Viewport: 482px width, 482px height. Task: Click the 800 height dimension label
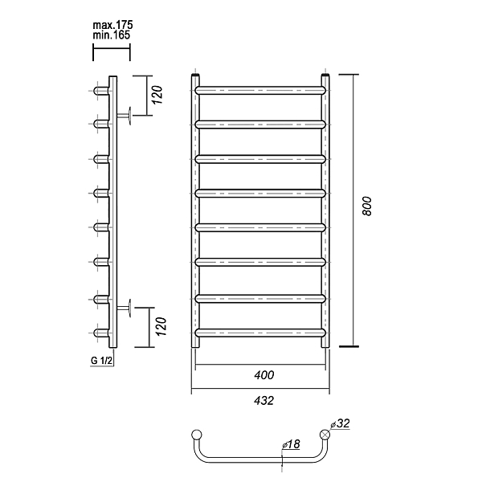click(367, 206)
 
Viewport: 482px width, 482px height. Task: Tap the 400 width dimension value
click(263, 375)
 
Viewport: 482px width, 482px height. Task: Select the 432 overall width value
click(263, 401)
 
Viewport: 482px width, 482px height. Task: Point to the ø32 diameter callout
click(341, 423)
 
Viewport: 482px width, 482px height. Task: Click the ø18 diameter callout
click(291, 444)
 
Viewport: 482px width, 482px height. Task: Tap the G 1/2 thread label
click(102, 361)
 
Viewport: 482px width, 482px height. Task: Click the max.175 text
click(112, 25)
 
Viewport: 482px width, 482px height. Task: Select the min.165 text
click(112, 35)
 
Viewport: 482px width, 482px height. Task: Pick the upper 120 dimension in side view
click(157, 95)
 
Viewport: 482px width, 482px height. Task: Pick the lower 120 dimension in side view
click(161, 326)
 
